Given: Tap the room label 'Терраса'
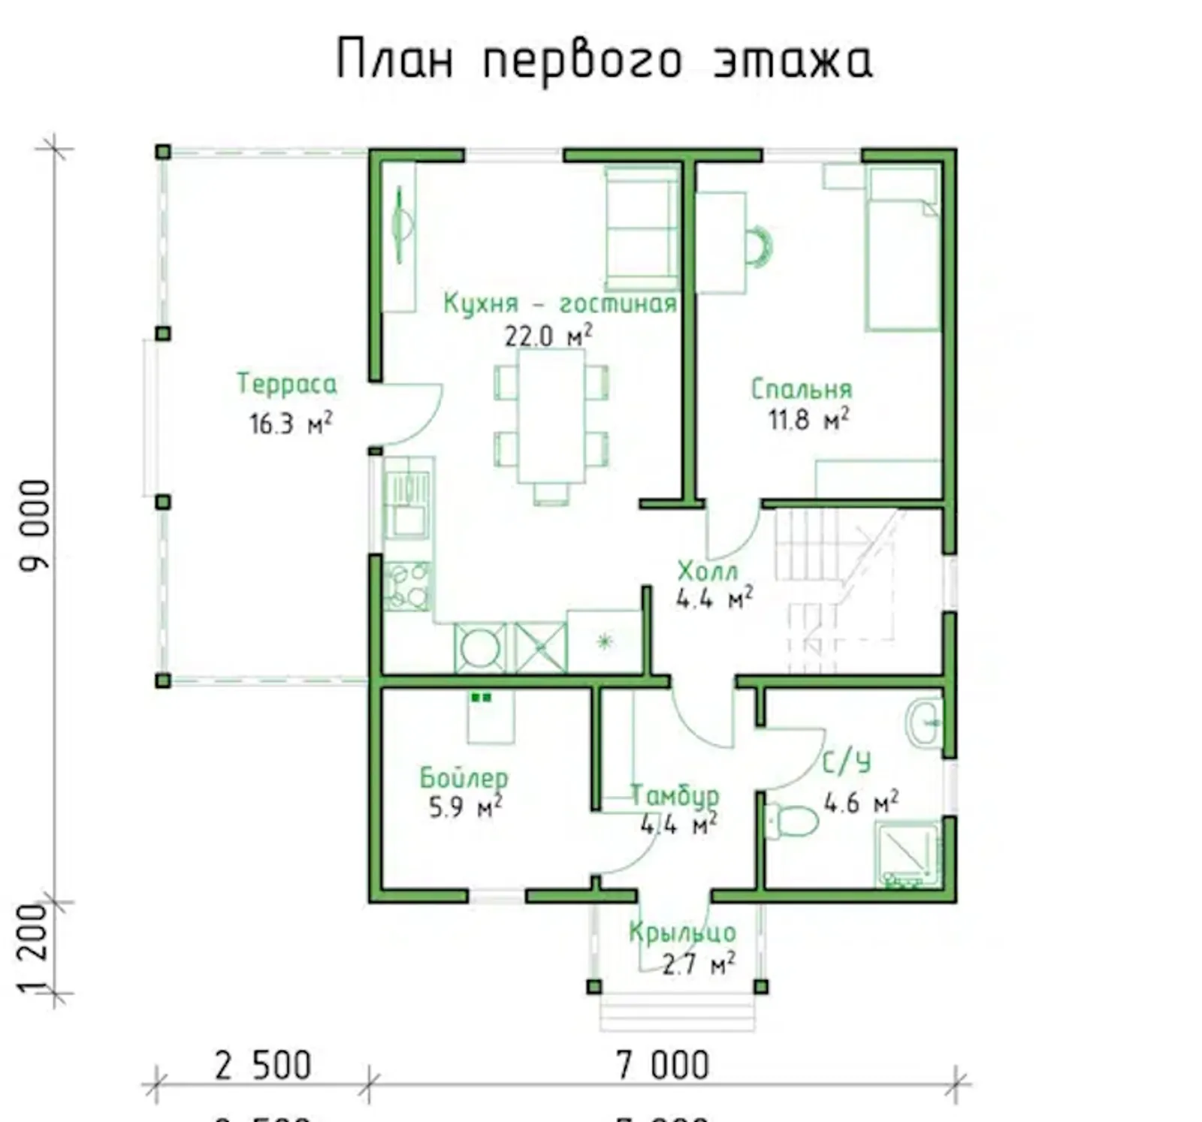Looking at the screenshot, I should click(x=287, y=384).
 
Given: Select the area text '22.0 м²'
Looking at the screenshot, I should click(x=548, y=335).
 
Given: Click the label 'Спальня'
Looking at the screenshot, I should click(x=802, y=389).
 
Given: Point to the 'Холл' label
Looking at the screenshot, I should click(x=708, y=572).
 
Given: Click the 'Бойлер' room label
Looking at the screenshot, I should click(x=464, y=777).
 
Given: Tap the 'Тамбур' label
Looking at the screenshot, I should click(x=674, y=795).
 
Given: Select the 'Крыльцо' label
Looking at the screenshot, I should click(x=682, y=933).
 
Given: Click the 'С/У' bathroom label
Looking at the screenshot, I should click(x=847, y=763).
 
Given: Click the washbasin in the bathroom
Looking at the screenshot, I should click(x=923, y=722).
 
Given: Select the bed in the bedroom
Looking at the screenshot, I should click(x=903, y=248).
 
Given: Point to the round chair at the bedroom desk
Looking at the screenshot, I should click(x=759, y=246).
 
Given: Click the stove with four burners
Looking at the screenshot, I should click(x=406, y=586).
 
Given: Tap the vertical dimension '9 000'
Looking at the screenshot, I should click(x=35, y=526).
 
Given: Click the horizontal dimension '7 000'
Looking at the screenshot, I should click(x=662, y=1066).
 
